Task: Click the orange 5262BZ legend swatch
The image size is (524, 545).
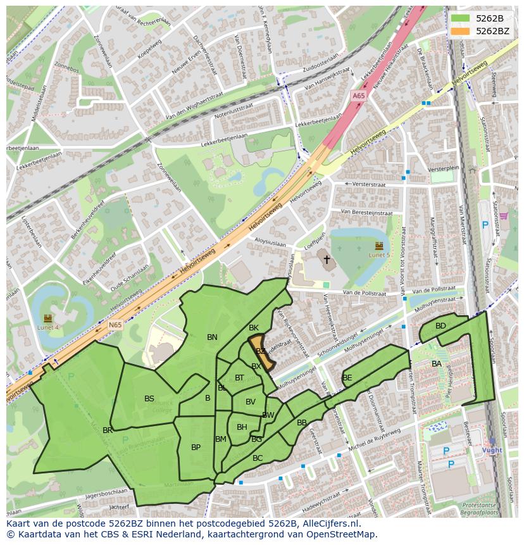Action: [x=460, y=30]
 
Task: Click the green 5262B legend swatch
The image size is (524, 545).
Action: [x=460, y=18]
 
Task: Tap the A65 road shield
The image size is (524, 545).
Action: [x=359, y=96]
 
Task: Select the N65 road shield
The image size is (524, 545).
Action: [x=115, y=325]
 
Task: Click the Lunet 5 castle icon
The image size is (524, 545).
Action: [x=378, y=245]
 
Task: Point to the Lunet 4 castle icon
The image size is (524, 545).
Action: [x=48, y=318]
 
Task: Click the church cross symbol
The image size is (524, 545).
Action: [x=327, y=260]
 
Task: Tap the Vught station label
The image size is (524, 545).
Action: [x=492, y=450]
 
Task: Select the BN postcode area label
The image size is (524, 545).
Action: [x=212, y=337]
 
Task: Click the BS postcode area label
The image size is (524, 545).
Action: [x=149, y=399]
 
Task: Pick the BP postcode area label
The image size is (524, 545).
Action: [x=196, y=448]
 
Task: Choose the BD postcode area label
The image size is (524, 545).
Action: [x=440, y=326]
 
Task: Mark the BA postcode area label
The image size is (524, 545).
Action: [x=436, y=364]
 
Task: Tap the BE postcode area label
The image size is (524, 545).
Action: [x=347, y=378]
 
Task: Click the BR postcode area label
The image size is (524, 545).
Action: [x=108, y=430]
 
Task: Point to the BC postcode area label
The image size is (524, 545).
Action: [x=257, y=458]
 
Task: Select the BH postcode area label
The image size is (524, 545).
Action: [x=242, y=427]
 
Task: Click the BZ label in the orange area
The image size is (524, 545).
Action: [x=260, y=351]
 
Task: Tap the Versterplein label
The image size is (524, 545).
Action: [x=443, y=170]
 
